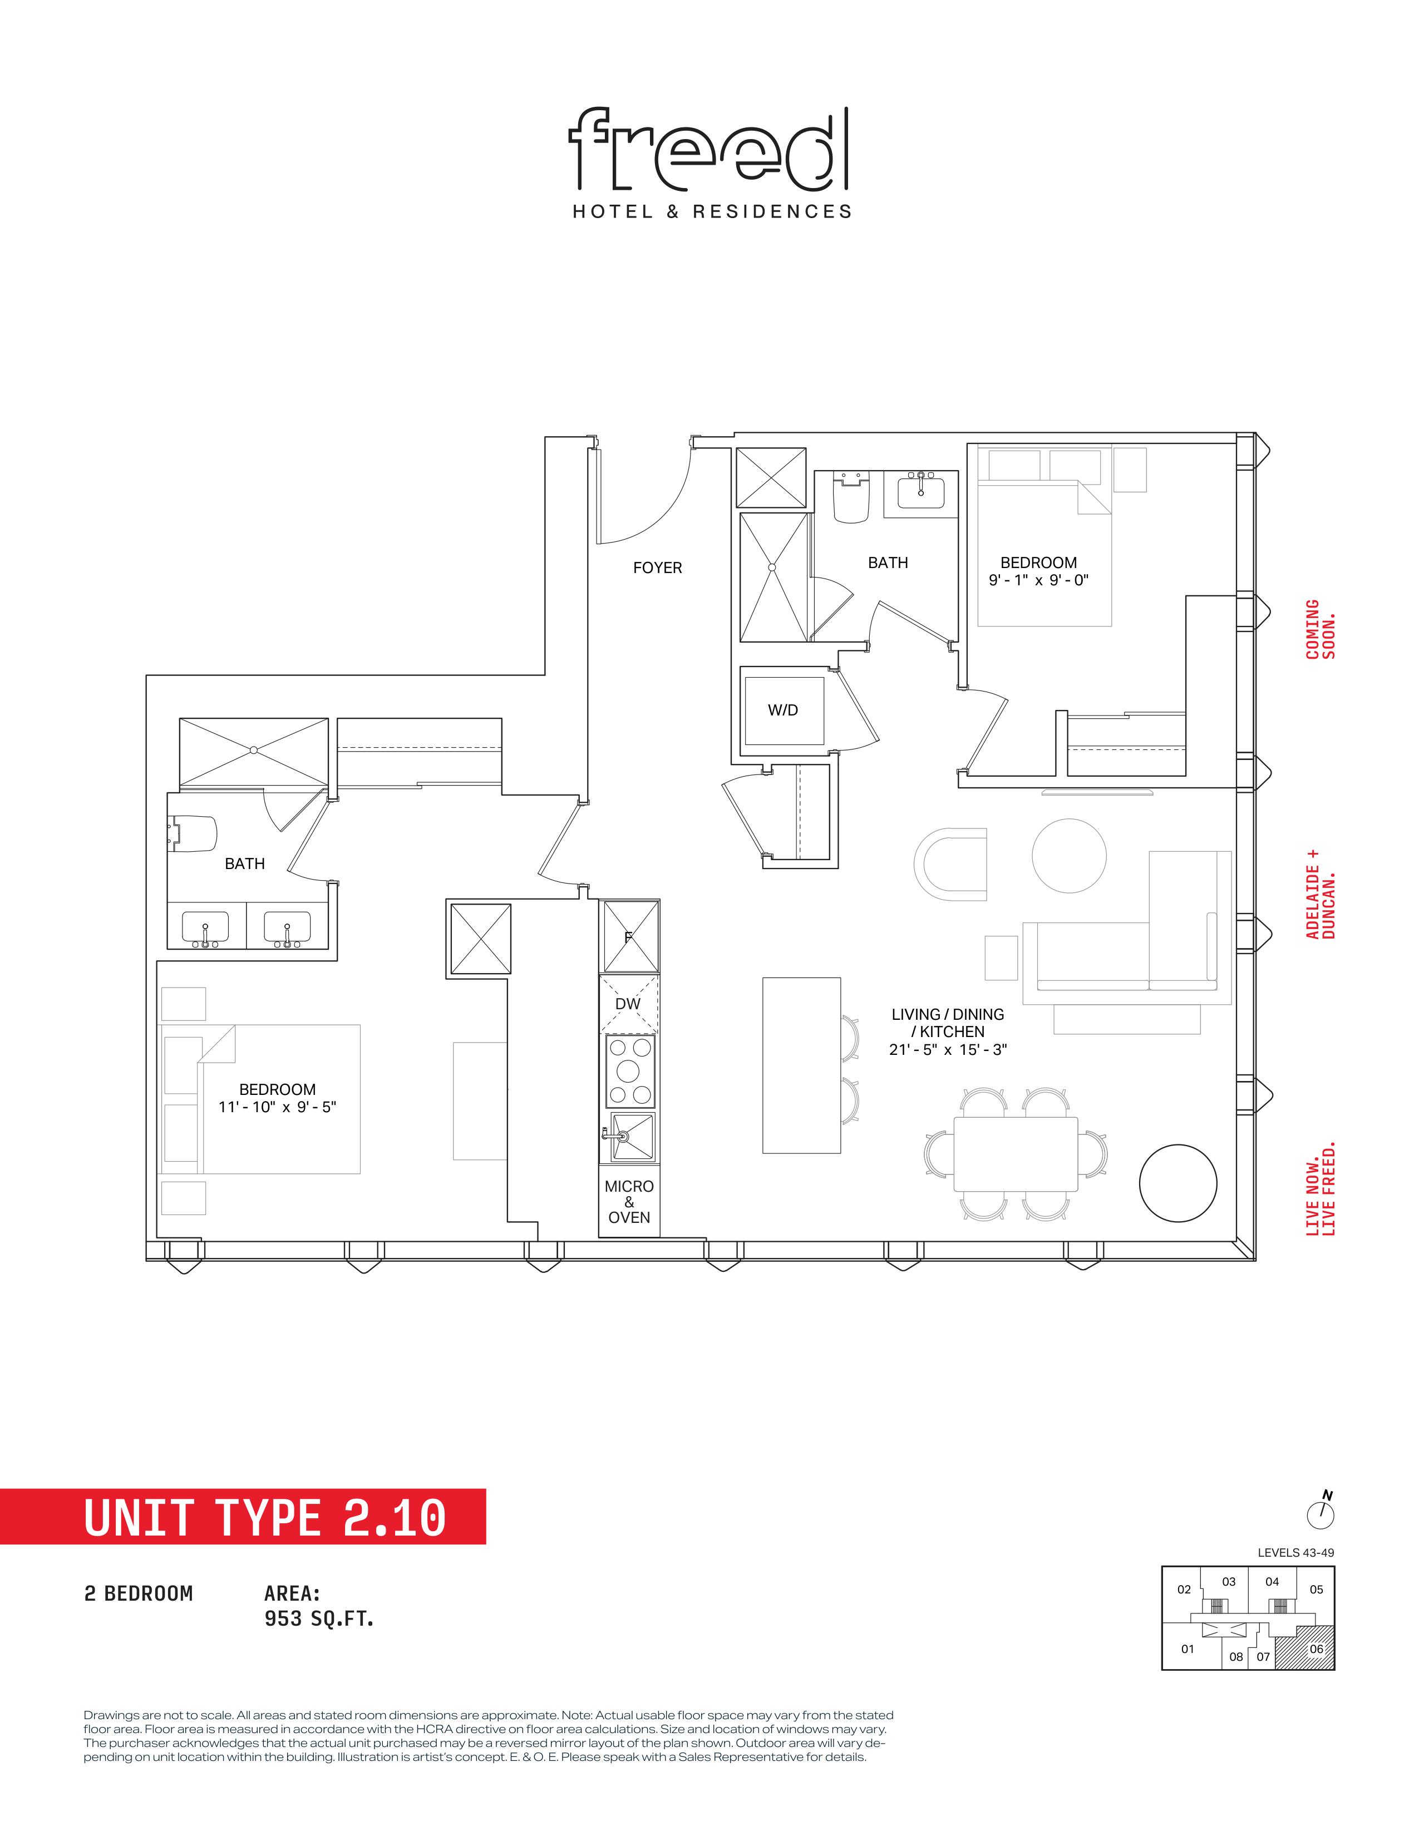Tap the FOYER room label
point(657,568)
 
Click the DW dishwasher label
point(628,1004)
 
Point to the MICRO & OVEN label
point(629,1201)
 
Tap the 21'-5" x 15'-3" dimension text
point(948,1049)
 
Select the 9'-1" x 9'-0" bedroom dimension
point(1038,580)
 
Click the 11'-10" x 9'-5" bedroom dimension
point(278,1107)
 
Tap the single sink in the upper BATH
point(922,491)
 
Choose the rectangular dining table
point(1016,1154)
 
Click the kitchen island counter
point(801,1065)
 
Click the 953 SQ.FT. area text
point(319,1618)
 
